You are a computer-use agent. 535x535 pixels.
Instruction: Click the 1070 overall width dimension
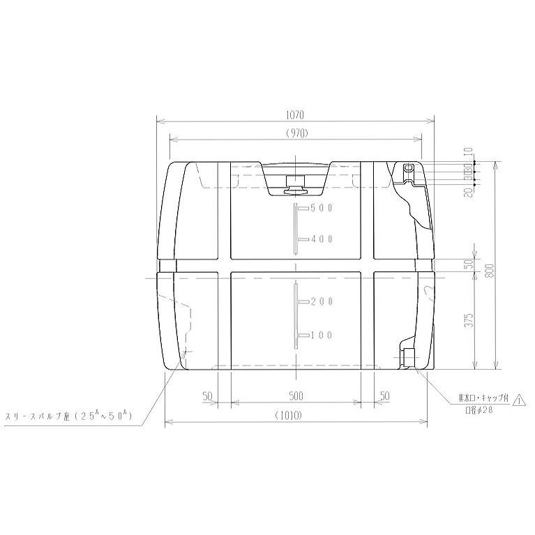click(x=296, y=115)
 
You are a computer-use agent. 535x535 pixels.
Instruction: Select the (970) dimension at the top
click(x=296, y=133)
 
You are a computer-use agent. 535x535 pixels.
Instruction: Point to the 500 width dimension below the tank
click(x=296, y=396)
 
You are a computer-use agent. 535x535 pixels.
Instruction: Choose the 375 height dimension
click(x=470, y=319)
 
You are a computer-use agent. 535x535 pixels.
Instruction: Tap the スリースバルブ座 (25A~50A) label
click(x=70, y=416)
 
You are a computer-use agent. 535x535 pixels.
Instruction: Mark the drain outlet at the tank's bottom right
click(x=407, y=356)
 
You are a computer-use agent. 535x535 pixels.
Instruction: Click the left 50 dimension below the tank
click(x=207, y=396)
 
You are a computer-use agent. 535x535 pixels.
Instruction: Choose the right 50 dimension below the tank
click(x=384, y=396)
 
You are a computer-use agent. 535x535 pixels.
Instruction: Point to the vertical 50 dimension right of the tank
click(x=470, y=264)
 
